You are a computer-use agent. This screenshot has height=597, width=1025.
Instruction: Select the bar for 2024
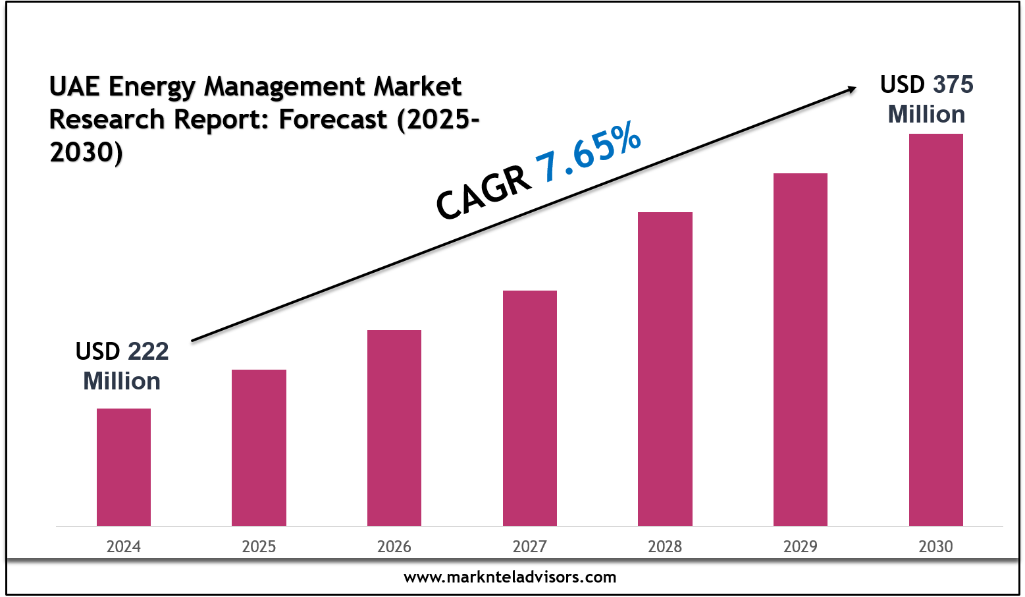click(124, 467)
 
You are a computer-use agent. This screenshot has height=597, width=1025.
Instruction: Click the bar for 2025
click(259, 447)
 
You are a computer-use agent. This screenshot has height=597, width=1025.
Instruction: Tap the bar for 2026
click(394, 428)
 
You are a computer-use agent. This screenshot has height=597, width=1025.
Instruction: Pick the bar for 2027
click(530, 408)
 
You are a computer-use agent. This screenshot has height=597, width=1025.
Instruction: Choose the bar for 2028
click(665, 369)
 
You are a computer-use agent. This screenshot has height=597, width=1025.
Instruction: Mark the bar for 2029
click(801, 349)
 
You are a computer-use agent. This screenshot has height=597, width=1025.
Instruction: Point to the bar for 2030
click(936, 329)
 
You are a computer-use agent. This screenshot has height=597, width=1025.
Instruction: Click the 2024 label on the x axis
click(124, 547)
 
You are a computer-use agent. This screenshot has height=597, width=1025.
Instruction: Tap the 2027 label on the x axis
click(530, 547)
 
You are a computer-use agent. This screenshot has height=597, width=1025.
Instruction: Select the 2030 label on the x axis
click(936, 547)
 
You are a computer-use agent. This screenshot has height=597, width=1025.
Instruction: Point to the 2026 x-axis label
click(394, 547)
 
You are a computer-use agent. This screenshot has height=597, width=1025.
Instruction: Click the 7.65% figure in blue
click(588, 154)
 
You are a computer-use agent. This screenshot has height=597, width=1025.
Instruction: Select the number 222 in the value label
click(148, 352)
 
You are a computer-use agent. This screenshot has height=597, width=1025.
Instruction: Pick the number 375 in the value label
click(953, 85)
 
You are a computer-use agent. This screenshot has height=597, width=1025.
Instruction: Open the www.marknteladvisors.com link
click(510, 577)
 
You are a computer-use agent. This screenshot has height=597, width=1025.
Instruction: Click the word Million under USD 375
click(926, 115)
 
